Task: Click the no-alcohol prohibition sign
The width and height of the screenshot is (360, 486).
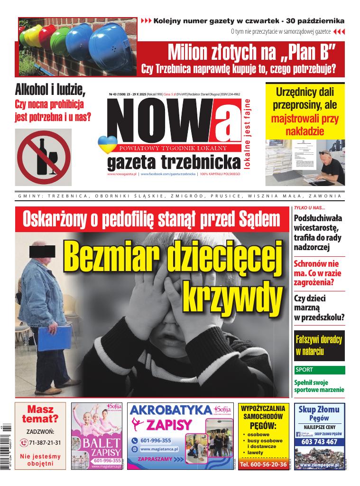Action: tap(43, 157)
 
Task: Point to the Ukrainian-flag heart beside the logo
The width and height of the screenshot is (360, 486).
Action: tap(105, 144)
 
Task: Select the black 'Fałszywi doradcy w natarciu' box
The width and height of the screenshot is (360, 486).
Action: tap(318, 345)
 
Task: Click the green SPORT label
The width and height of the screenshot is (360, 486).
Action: tap(305, 370)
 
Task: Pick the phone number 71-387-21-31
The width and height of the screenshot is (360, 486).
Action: tap(44, 442)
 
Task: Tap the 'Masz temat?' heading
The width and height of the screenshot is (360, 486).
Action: tap(40, 414)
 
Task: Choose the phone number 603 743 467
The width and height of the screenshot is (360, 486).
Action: tap(319, 442)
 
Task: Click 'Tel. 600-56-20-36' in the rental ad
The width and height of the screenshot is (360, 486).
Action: tap(263, 464)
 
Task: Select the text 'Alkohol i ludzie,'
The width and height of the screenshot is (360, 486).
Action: tap(50, 89)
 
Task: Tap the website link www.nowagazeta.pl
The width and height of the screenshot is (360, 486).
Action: tap(122, 175)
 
